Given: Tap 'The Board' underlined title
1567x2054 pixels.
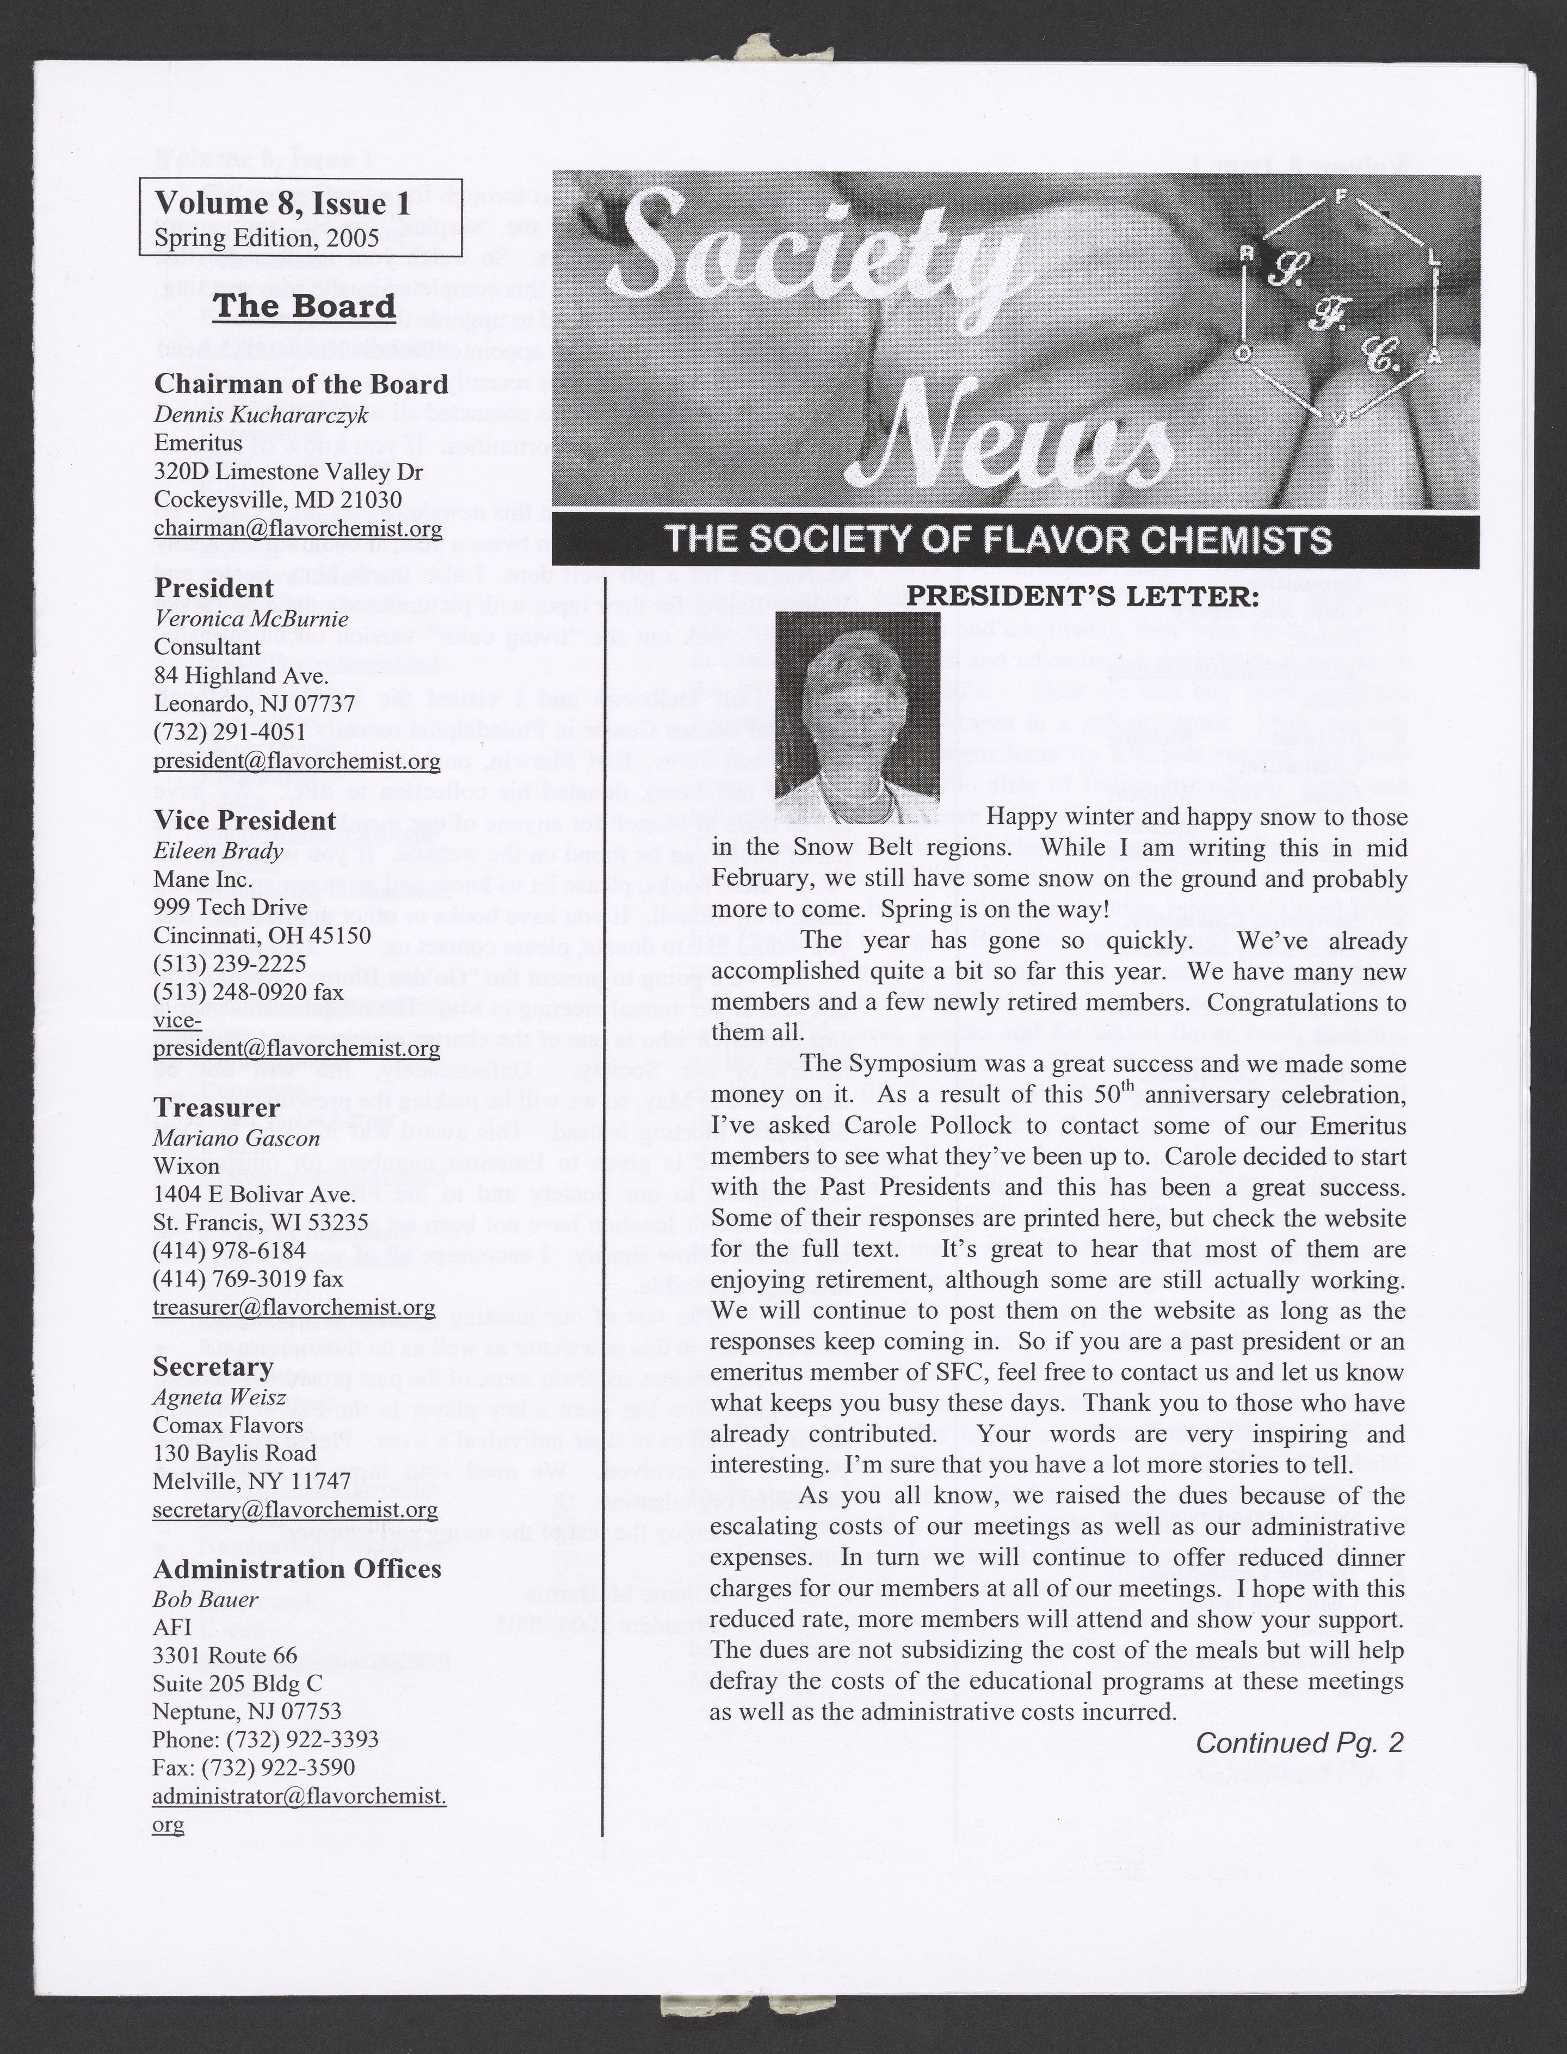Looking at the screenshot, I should click(x=304, y=305).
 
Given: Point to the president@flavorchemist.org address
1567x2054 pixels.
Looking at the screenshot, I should click(x=297, y=761).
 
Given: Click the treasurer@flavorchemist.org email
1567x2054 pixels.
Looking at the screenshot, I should click(x=294, y=1308).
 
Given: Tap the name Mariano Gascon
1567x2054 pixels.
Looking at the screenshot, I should click(x=236, y=1138).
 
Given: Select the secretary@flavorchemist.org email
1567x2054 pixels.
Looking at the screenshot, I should click(x=295, y=1509).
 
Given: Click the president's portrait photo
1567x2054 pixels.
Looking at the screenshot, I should click(x=857, y=706).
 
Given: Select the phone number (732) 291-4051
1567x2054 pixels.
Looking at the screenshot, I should click(x=230, y=732).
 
